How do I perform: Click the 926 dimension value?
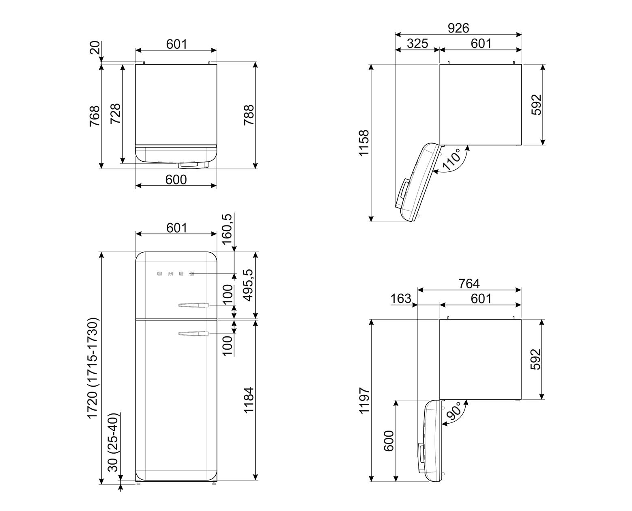pos(458,28)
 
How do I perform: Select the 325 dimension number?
pos(417,44)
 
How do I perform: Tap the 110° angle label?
pos(452,160)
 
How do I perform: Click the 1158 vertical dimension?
pos(364,143)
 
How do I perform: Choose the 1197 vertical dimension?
pos(364,401)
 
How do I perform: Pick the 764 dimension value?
pos(469,284)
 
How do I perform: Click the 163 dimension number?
pos(401,299)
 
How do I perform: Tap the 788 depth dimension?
pos(249,115)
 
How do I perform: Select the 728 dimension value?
pos(116,113)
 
